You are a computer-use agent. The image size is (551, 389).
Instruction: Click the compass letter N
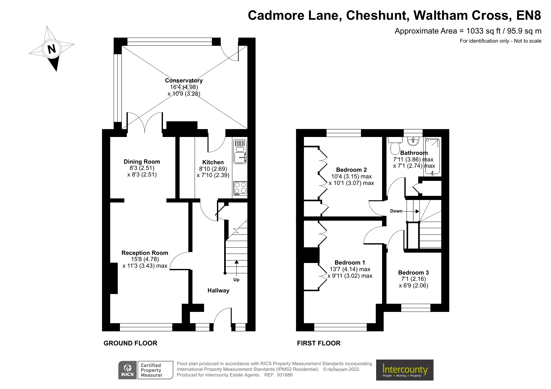pos(51,49)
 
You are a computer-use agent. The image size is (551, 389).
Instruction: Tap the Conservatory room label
pos(184,81)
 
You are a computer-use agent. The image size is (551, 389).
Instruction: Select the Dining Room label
pos(142,162)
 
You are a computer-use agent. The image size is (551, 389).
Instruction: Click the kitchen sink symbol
pos(240,155)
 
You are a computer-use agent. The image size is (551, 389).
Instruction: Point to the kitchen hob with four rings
pos(240,188)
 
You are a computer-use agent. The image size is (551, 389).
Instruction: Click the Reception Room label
pos(145,253)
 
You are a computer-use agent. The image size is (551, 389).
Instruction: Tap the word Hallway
pos(218,291)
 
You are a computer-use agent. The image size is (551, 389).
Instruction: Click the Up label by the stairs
pos(236,280)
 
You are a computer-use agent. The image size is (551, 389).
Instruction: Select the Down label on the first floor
pos(396,211)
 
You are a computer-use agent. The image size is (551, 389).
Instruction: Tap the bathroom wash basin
pos(413,141)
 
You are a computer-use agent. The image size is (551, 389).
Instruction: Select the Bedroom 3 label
pos(413,273)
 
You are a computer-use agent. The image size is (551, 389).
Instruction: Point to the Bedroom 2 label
pos(351,170)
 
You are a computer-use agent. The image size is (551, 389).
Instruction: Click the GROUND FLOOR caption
pos(130,343)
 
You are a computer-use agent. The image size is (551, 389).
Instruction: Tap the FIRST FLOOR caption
pos(318,343)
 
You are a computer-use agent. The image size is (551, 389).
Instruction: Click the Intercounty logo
pos(404,370)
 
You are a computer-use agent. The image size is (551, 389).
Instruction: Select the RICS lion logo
pos(127,370)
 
